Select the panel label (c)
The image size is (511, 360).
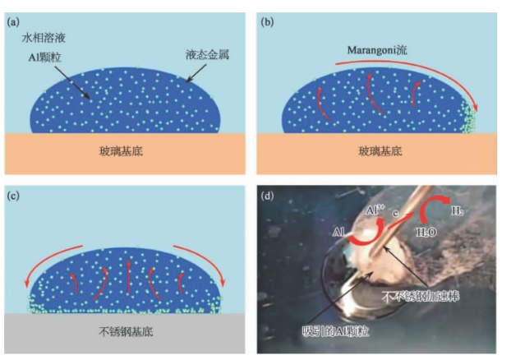click(13, 196)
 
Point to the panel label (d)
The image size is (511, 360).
click(267, 196)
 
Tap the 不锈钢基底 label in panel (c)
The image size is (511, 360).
click(124, 334)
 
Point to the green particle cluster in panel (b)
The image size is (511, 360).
click(471, 119)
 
